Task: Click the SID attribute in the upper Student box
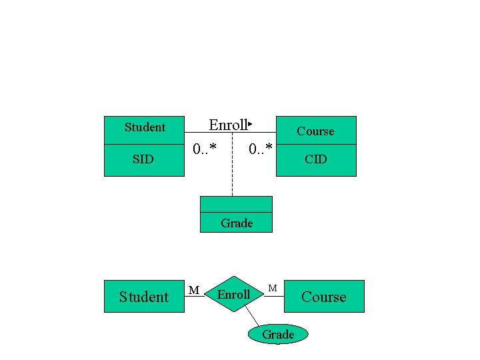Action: click(143, 159)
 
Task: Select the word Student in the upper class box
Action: click(145, 127)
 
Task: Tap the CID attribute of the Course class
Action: click(315, 159)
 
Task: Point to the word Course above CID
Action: click(315, 131)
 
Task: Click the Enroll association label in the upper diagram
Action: click(227, 125)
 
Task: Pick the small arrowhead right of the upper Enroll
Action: click(249, 124)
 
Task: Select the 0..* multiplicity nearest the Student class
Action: click(204, 148)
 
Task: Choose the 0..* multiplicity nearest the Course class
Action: click(260, 148)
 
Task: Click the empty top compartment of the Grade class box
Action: click(236, 203)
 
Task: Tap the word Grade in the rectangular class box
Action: click(237, 223)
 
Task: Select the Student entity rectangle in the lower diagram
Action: click(143, 297)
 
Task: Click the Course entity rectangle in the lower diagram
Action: click(324, 297)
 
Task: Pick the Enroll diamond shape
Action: click(234, 294)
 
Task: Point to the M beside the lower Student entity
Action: click(193, 289)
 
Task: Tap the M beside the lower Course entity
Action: click(273, 288)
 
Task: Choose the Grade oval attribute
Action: click(278, 334)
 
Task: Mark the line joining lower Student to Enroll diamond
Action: click(195, 296)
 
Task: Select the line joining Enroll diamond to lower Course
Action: click(274, 296)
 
